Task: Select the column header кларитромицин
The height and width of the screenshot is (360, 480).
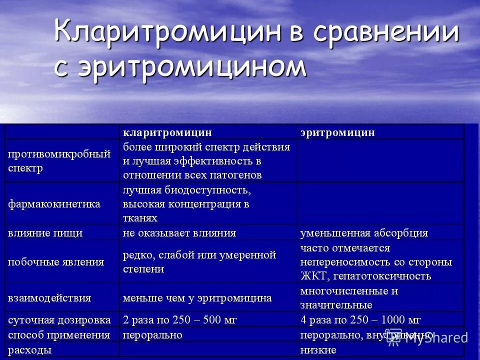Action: [167, 132]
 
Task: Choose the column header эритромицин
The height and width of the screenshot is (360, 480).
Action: [337, 132]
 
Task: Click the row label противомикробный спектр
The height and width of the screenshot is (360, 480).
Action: [59, 161]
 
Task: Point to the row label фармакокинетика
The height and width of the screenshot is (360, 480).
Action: [54, 204]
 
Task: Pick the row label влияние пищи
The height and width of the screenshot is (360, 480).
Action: [45, 233]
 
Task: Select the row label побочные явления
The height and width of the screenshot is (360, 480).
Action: [56, 262]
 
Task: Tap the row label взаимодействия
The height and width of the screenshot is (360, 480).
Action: [49, 298]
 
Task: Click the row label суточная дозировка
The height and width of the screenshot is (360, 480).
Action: [58, 319]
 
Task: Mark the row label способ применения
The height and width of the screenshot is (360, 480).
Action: [59, 334]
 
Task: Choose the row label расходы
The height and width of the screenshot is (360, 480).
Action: [29, 350]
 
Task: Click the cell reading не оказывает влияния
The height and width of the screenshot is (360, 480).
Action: [179, 233]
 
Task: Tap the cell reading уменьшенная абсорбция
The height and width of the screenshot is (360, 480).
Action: [364, 233]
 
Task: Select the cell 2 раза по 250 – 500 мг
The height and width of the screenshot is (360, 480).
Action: [180, 319]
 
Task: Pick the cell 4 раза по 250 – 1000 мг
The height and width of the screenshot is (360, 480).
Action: [360, 319]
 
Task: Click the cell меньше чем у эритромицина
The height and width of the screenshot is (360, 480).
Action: [197, 298]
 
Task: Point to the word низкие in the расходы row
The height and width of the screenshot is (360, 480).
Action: [318, 350]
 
